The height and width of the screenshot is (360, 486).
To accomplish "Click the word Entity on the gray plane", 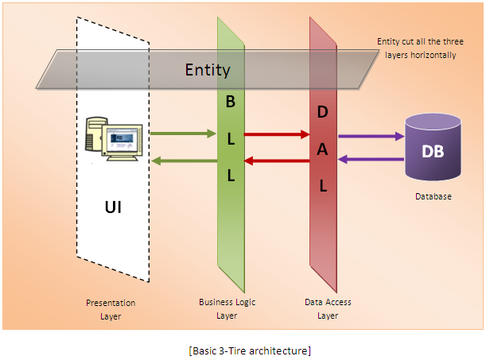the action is [x=208, y=70].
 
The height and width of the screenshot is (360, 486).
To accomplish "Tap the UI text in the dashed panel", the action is [x=113, y=207].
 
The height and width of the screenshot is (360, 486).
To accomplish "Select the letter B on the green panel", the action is [x=231, y=102].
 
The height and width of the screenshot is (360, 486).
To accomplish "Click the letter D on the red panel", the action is [x=323, y=112].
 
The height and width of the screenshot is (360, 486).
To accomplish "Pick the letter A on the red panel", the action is [x=322, y=149].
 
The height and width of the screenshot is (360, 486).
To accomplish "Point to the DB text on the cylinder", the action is [x=433, y=151].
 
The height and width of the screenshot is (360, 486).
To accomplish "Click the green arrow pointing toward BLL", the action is [x=183, y=134].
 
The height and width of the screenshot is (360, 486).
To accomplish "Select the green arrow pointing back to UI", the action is [x=185, y=161].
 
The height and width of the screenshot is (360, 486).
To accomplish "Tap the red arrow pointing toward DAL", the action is [x=277, y=134].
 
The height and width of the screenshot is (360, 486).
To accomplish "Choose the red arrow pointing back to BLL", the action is [x=277, y=161].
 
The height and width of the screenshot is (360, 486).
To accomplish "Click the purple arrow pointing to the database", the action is [x=371, y=136].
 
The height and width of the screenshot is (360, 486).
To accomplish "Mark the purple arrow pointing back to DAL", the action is [x=371, y=160].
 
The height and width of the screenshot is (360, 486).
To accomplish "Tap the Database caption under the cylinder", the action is [x=434, y=196].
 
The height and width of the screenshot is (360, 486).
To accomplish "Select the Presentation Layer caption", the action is [x=111, y=309].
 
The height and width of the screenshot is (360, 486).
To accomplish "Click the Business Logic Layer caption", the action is [x=227, y=308].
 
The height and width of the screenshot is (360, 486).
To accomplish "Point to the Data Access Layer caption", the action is [x=328, y=308].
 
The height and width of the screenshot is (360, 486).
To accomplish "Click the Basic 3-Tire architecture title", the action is [x=250, y=350].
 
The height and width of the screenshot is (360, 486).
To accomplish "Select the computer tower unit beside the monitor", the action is [x=95, y=134].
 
